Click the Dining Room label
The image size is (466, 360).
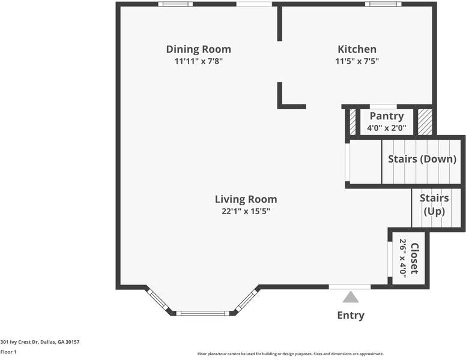[198, 49]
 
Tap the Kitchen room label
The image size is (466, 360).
[357, 49]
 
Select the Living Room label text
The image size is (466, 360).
[246, 199]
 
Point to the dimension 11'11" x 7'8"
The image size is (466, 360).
[198, 61]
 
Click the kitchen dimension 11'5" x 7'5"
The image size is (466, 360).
[357, 61]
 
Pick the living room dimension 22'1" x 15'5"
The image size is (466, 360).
[246, 211]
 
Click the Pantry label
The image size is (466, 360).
[386, 116]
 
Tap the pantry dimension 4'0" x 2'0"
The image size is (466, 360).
[386, 128]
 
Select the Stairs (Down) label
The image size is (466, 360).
[423, 159]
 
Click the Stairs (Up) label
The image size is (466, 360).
[434, 205]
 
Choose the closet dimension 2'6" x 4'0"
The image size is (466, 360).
[403, 258]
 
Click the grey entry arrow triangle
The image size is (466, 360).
[350, 298]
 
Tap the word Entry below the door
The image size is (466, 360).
[350, 316]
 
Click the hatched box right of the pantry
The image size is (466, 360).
[425, 122]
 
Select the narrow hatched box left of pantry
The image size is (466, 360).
[353, 122]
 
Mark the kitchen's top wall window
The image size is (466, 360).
[383, 4]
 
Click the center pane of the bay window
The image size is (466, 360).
[202, 313]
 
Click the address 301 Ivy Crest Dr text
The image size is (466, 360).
[40, 342]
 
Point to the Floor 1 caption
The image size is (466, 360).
[8, 352]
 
